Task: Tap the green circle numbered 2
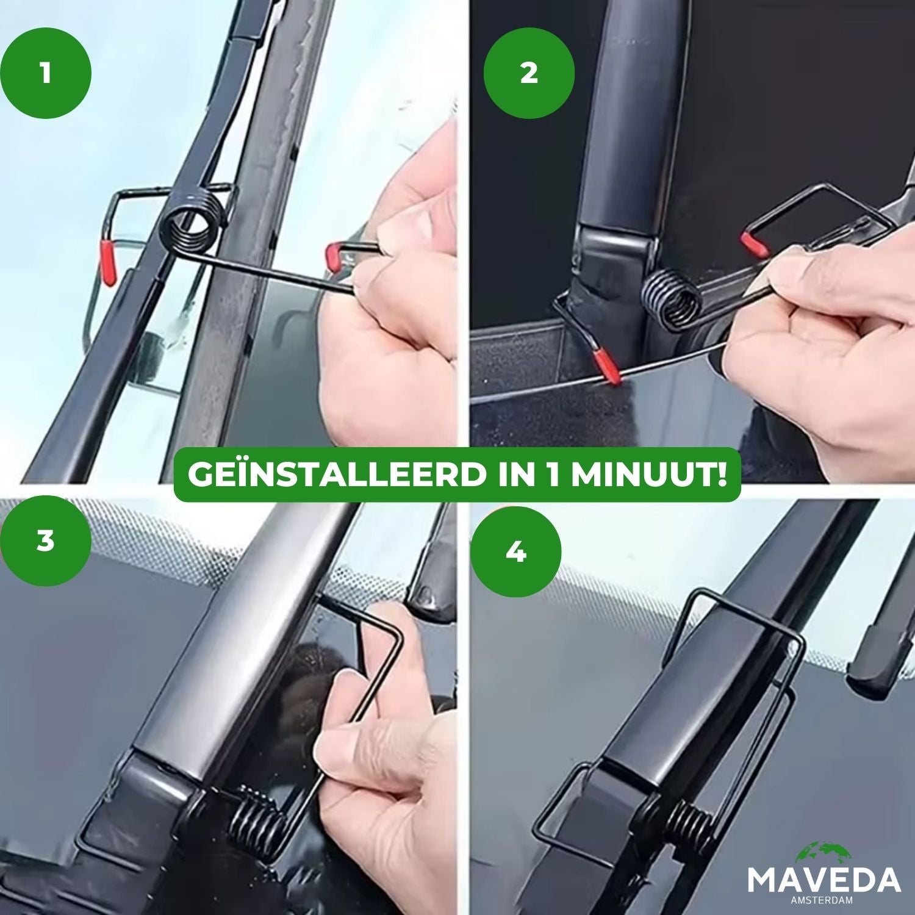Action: pos(529,74)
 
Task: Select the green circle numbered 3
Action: pos(46,540)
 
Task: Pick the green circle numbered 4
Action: pos(515,553)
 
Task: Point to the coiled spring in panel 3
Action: pos(257,819)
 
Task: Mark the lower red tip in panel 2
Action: pos(608,368)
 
